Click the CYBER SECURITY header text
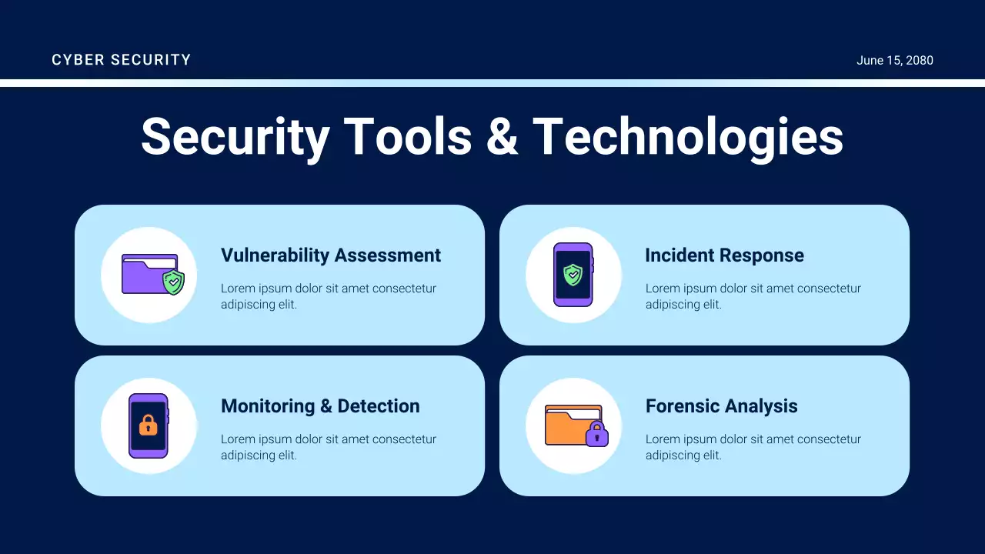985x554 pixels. [121, 60]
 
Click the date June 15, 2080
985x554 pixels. [894, 60]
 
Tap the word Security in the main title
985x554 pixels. [235, 137]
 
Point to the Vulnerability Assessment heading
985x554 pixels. [330, 255]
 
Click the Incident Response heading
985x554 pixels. [723, 255]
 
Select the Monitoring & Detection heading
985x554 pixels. [319, 406]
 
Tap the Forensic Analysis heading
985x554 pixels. [721, 406]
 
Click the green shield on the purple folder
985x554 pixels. [174, 282]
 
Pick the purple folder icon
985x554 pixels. [142, 275]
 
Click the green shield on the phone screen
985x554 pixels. [573, 275]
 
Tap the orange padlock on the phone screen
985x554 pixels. [148, 425]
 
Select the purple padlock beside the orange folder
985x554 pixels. [596, 435]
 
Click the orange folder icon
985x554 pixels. [567, 426]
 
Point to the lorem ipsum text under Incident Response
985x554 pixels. [753, 296]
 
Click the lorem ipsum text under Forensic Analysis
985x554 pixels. [753, 447]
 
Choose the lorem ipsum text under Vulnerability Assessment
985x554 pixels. [328, 296]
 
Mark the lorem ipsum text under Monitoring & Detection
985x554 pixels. [328, 447]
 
